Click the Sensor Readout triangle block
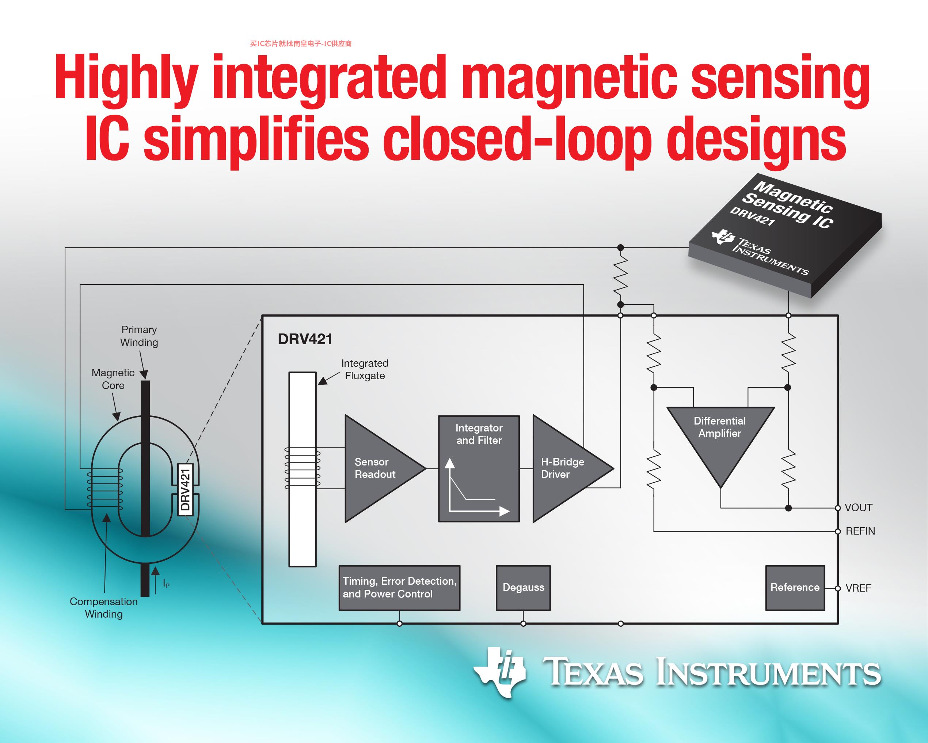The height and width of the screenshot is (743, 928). tap(379, 469)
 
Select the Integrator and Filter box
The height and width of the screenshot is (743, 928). tap(479, 469)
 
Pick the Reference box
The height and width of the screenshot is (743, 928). tap(795, 588)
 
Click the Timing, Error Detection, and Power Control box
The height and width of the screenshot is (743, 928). tap(399, 588)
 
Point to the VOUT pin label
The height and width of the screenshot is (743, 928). tap(858, 508)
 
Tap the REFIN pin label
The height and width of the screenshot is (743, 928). tap(860, 531)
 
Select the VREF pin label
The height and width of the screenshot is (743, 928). tap(858, 588)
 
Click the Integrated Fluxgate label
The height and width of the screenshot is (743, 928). tap(365, 370)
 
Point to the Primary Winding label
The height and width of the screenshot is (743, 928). tap(139, 336)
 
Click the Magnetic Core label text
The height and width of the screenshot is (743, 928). tap(113, 379)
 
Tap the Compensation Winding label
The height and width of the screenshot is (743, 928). tap(104, 608)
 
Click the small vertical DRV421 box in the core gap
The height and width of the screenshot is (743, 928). tap(185, 489)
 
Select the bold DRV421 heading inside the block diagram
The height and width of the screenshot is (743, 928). tap(305, 339)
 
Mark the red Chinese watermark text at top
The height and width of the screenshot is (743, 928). tap(300, 44)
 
